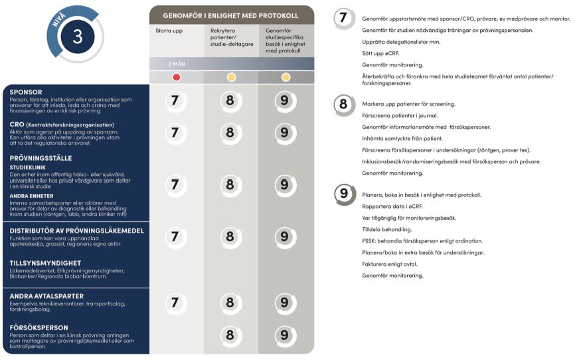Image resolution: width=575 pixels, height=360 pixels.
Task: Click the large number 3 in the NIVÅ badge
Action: [78, 37]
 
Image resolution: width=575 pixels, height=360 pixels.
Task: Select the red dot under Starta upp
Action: [176, 77]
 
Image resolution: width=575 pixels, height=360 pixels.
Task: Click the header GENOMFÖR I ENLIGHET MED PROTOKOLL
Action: [230, 15]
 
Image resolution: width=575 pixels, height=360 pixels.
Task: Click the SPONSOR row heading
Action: [27, 92]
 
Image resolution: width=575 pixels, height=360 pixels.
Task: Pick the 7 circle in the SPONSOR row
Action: [175, 100]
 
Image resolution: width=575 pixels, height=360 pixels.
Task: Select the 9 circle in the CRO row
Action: [285, 132]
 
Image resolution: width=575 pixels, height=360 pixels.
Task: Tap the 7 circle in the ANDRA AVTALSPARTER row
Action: [175, 303]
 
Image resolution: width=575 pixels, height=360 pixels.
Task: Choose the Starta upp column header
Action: [169, 31]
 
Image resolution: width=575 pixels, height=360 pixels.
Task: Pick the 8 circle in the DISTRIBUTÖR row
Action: [230, 236]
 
